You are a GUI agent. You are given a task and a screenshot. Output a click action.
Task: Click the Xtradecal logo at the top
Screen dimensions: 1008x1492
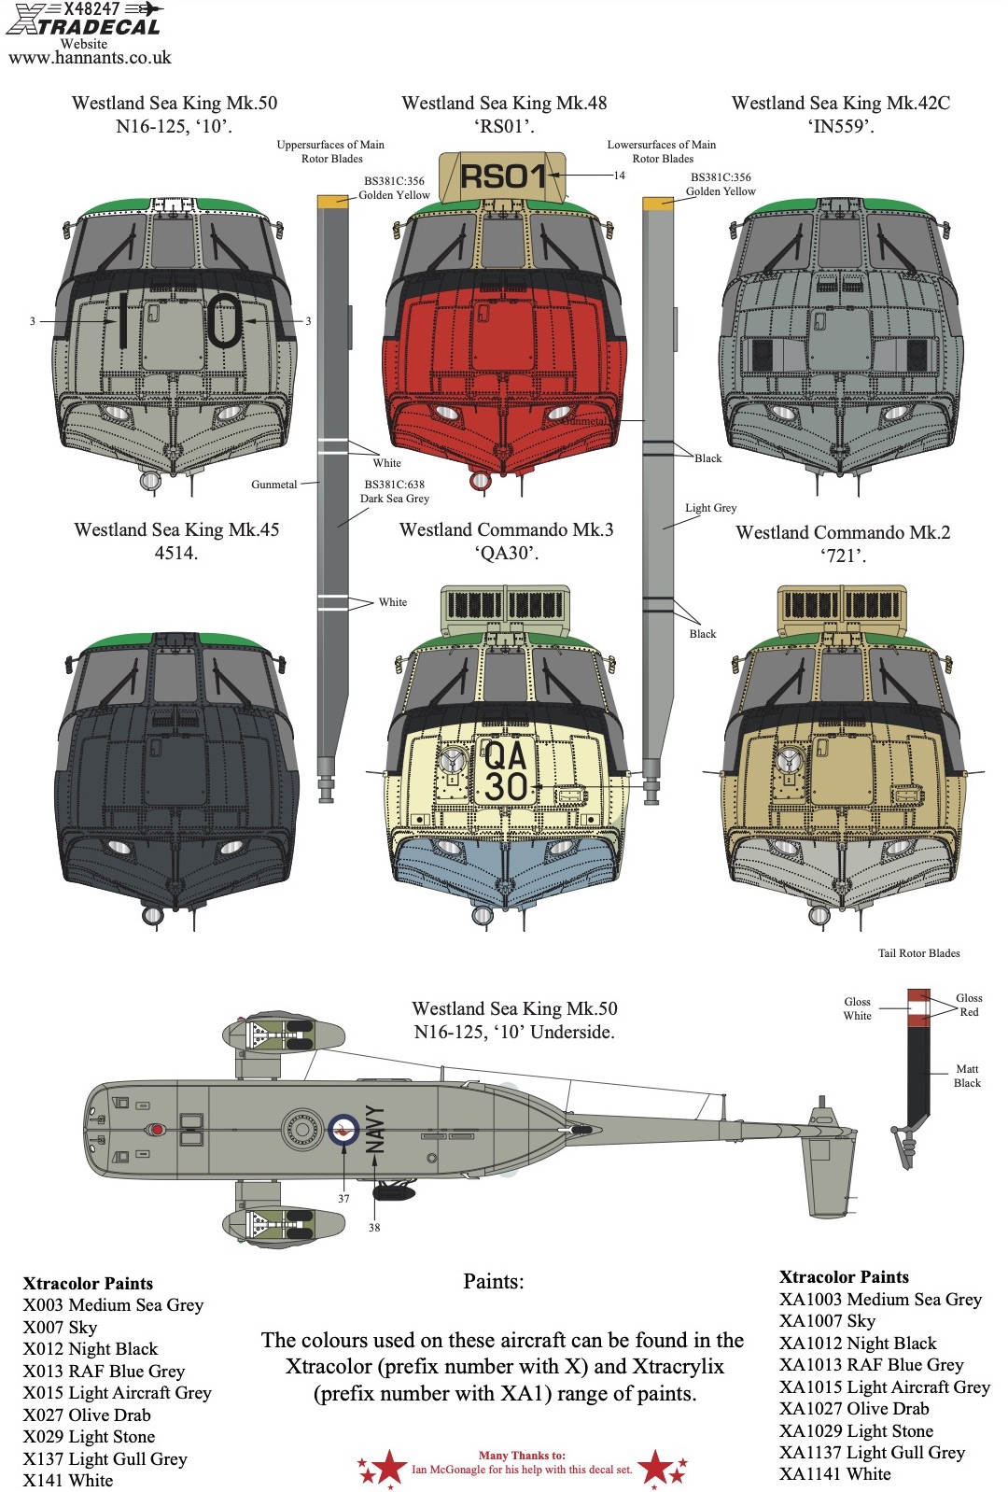coord(84,18)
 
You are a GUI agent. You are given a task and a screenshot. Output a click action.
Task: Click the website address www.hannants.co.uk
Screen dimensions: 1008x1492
coord(90,57)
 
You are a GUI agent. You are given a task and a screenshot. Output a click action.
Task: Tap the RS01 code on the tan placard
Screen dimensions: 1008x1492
coord(503,177)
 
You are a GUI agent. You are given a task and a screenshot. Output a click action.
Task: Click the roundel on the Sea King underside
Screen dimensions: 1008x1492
coord(343,1130)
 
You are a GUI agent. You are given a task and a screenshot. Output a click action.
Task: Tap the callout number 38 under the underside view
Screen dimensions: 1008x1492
coord(374,1228)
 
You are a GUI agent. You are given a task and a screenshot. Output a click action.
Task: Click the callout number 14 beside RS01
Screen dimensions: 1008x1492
coord(619,176)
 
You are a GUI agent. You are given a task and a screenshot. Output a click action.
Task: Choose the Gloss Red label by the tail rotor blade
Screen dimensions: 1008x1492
coord(969,1005)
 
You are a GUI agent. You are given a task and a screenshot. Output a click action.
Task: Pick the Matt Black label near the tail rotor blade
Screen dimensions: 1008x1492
coord(967,1076)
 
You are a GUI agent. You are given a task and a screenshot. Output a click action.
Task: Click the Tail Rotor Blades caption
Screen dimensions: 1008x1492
coord(918,953)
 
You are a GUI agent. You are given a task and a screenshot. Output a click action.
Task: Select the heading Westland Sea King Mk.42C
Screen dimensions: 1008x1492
coord(840,103)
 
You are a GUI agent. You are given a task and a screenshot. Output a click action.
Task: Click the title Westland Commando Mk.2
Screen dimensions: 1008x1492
coord(843,532)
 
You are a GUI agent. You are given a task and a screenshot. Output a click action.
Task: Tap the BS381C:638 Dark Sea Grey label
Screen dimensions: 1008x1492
coord(395,491)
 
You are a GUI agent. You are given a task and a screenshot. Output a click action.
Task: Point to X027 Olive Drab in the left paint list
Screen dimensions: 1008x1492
coord(87,1415)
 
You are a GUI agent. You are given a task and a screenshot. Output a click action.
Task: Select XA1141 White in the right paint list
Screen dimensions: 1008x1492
coord(835,1474)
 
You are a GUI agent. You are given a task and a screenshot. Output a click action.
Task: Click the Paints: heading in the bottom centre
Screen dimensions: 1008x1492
coord(494,1282)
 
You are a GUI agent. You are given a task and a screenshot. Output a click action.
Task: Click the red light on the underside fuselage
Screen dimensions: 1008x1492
coord(157,1130)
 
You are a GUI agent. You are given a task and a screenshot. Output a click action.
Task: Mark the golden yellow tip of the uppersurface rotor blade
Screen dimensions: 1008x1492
coord(333,202)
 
